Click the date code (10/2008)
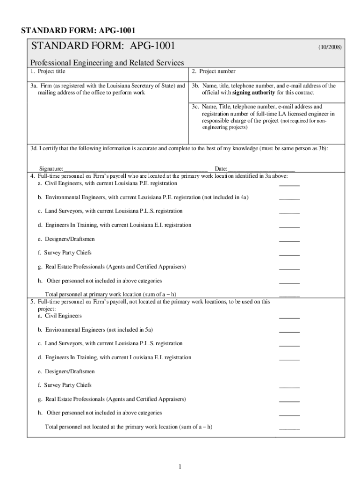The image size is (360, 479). tap(330, 48)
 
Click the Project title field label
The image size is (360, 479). tap(48, 72)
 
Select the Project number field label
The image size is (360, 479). tap(214, 72)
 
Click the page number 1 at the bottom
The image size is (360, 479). tap(180, 467)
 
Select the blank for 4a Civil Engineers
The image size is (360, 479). tap(289, 185)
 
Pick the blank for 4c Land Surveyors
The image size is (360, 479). tap(289, 213)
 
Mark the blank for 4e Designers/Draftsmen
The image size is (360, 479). tap(289, 241)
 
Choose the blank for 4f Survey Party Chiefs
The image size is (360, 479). tap(289, 255)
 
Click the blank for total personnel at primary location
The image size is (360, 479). tap(289, 297)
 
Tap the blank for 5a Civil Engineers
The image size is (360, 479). tap(289, 318)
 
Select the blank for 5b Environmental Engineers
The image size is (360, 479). tap(289, 332)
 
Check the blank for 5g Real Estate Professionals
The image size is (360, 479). tap(289, 401)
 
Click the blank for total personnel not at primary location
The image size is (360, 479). tap(289, 429)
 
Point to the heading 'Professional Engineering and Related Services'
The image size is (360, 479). tap(107, 63)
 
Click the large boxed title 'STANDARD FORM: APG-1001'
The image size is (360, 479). tap(103, 46)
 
